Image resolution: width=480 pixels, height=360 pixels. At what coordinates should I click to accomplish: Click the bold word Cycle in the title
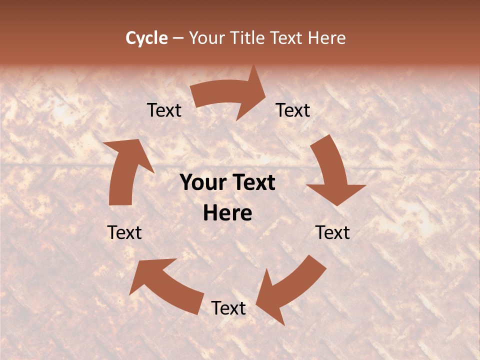click(146, 38)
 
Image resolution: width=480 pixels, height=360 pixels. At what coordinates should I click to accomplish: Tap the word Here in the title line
click(327, 38)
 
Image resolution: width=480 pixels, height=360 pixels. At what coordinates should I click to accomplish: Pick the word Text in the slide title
click(288, 38)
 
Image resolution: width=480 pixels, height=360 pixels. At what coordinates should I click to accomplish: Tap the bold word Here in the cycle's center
click(227, 213)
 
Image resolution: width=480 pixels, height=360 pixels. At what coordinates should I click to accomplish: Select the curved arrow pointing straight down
click(332, 172)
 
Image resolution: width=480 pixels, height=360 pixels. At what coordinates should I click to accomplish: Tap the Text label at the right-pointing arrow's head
click(293, 110)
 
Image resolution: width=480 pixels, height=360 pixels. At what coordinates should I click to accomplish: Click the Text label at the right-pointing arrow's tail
click(164, 110)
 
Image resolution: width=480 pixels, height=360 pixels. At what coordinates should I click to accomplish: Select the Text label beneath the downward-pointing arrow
click(332, 232)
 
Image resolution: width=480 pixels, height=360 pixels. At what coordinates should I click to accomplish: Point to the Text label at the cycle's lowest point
click(228, 308)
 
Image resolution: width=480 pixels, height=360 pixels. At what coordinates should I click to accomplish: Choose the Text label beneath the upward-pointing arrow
click(124, 232)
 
